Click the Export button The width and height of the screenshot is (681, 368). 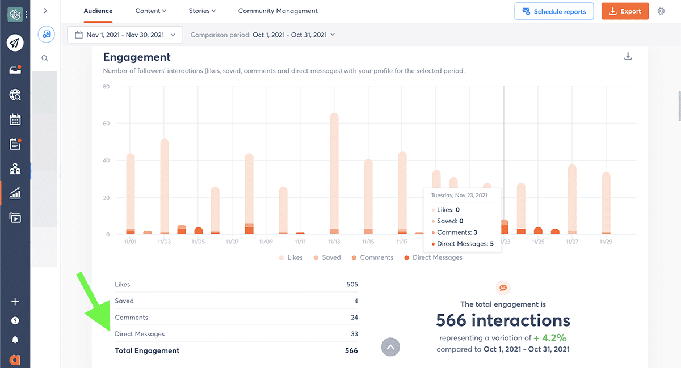(x=625, y=11)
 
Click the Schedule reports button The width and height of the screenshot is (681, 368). (x=554, y=11)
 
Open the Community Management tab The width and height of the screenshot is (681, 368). (x=278, y=11)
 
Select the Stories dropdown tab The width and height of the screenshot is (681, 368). (x=202, y=11)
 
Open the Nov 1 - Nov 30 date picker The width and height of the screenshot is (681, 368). (x=125, y=35)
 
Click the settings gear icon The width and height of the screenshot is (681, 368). (x=661, y=11)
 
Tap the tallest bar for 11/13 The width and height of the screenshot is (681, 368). (x=334, y=170)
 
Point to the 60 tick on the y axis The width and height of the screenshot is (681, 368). (x=106, y=124)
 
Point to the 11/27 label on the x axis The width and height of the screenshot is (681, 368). (x=572, y=242)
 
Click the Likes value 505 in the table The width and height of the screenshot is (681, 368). (x=352, y=285)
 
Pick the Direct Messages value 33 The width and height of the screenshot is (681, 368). (x=354, y=334)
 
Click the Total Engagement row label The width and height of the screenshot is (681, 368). (x=147, y=351)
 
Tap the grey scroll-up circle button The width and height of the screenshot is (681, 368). (x=390, y=347)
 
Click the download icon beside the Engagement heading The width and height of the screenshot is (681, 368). (x=628, y=56)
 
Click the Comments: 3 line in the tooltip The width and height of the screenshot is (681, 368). (x=457, y=232)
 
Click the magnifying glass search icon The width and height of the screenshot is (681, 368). (x=45, y=58)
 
